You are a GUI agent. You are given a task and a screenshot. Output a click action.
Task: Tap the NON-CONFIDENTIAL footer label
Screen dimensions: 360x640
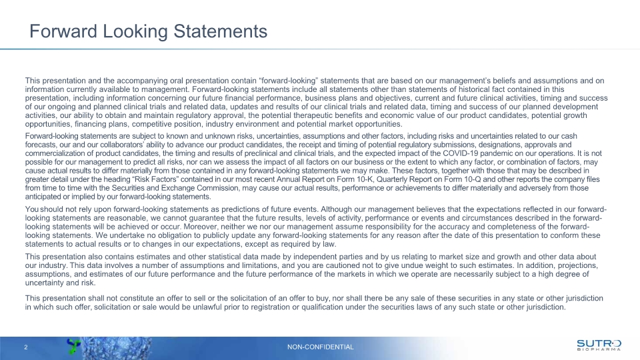320,347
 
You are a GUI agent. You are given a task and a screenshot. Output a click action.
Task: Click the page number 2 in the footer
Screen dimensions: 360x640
25,347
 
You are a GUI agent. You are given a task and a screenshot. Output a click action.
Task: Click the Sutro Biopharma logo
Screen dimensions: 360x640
598,344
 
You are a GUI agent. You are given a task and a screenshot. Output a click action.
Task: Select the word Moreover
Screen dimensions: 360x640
220,227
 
